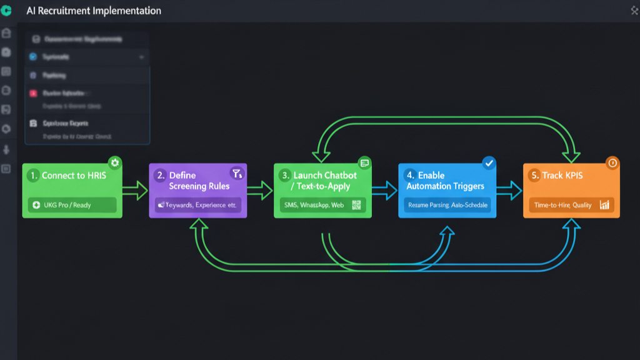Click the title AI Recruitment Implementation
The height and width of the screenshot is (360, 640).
pos(94,11)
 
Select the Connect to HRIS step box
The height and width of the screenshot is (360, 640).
pos(72,187)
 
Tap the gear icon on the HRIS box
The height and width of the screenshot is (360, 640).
pos(114,162)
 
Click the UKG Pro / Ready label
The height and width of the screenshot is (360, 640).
pos(72,205)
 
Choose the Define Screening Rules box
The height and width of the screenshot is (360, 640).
pos(197,187)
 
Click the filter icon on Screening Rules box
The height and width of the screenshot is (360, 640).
pos(236,173)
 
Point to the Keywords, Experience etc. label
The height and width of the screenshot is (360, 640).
pos(197,205)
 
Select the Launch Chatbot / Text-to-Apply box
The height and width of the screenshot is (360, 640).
pos(322,187)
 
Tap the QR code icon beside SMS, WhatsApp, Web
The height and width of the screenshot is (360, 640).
pos(357,205)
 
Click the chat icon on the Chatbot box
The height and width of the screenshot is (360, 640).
pos(364,162)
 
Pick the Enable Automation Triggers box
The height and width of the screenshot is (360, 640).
pos(447,187)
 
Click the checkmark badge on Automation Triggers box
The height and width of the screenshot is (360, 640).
pos(489,162)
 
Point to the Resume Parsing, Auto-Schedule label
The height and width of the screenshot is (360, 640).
pos(447,205)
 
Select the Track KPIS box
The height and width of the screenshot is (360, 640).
pos(571,187)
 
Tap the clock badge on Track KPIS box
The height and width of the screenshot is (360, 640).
pos(612,162)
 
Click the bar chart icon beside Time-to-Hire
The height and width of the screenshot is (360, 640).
pos(604,205)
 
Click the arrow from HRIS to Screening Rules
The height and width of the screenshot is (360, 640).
pos(135,191)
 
